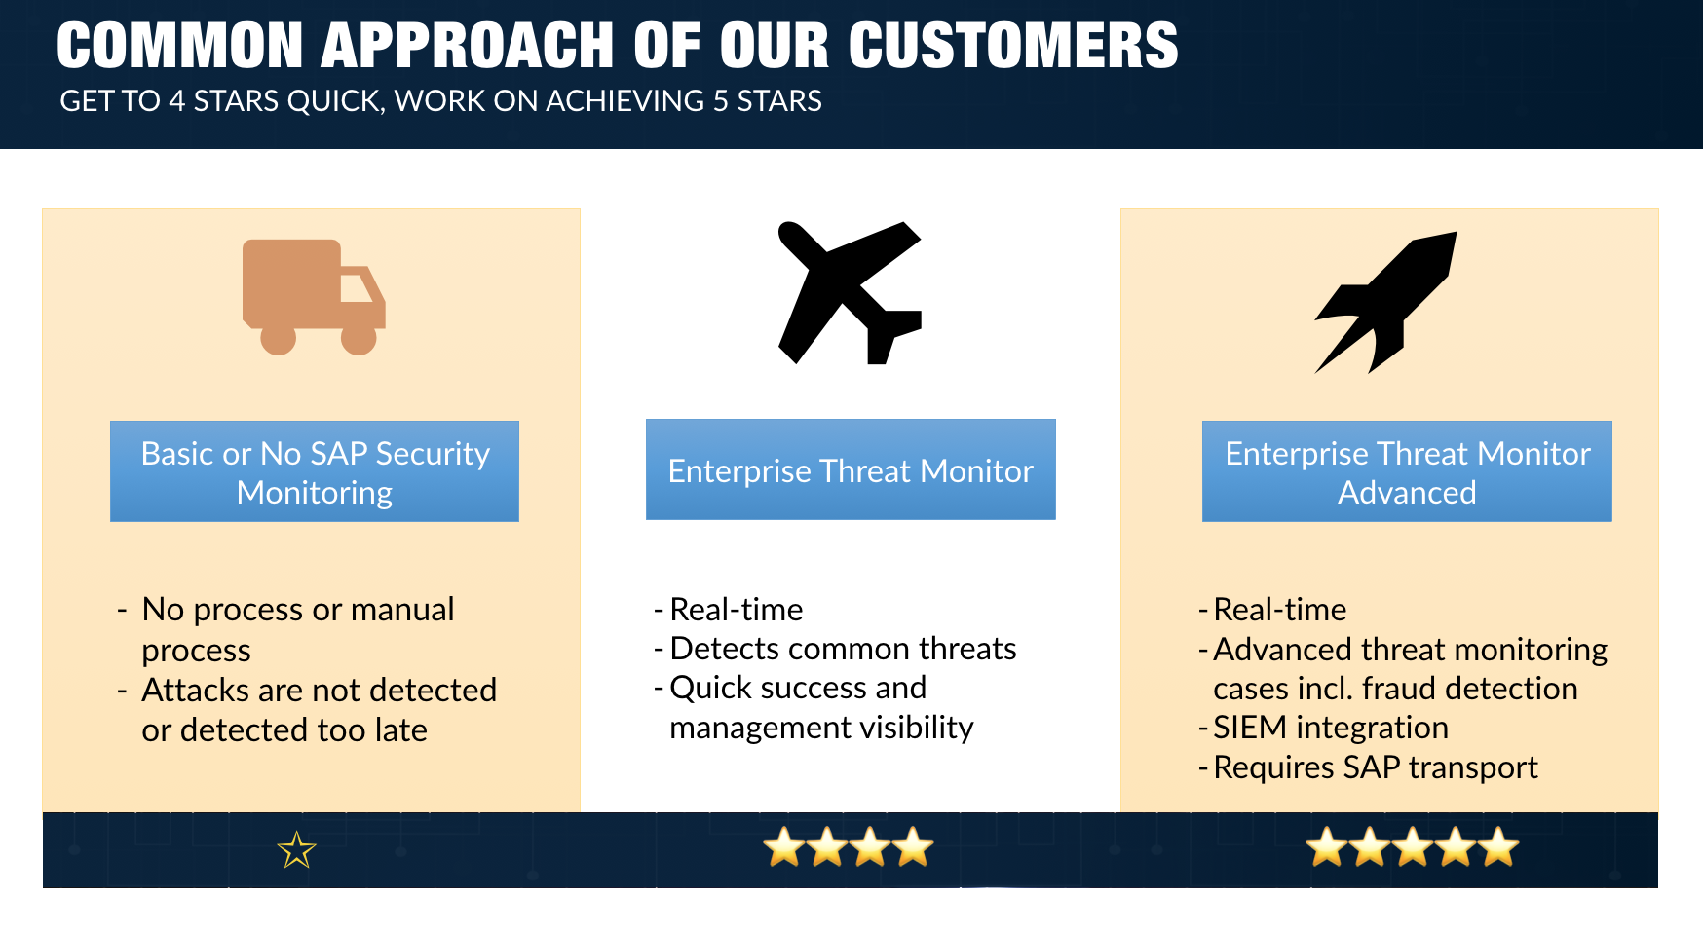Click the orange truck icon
click(x=314, y=297)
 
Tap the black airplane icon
click(x=850, y=293)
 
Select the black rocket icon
click(x=1385, y=302)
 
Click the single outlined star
click(x=297, y=850)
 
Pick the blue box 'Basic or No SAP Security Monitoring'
click(x=315, y=471)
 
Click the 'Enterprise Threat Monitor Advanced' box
click(x=1407, y=471)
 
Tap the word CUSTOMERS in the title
click(x=1013, y=46)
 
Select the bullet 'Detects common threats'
click(x=843, y=649)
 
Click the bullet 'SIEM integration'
click(x=1331, y=728)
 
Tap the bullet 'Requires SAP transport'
click(x=1376, y=767)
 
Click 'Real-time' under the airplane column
click(x=737, y=610)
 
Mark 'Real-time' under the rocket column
click(x=1280, y=610)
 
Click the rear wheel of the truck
click(x=279, y=338)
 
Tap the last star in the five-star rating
click(x=1498, y=846)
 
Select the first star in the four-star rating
click(x=785, y=846)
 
